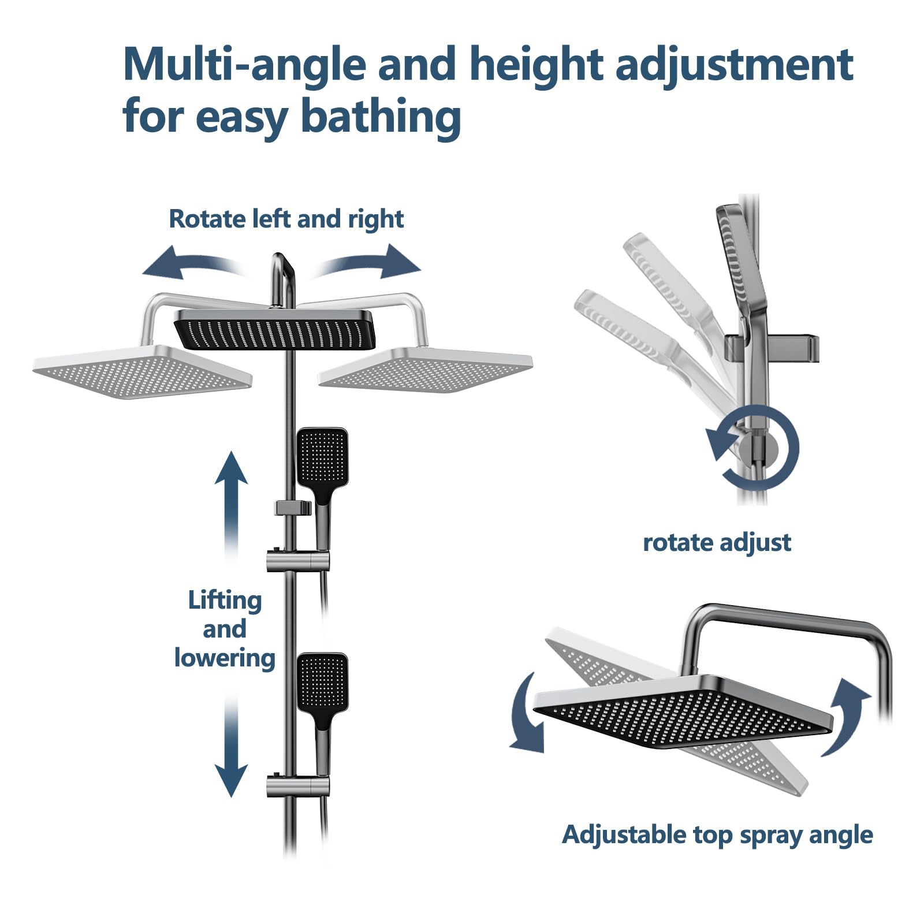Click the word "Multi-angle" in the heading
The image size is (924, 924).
point(245,63)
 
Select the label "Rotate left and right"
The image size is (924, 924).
point(286,219)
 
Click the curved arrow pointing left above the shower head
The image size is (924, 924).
point(193,263)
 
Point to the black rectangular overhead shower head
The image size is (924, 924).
point(275,330)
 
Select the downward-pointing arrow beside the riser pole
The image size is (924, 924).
point(231,745)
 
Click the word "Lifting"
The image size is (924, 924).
point(225,601)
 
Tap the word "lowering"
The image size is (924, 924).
point(225,658)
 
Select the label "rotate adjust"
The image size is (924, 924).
point(717,543)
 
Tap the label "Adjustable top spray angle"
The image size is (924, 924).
point(717,835)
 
